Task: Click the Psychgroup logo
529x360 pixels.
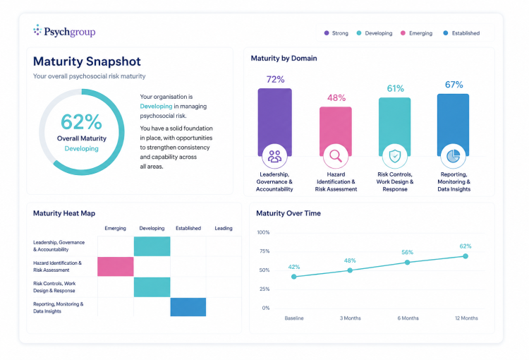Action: point(64,31)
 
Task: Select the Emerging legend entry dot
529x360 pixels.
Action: point(403,33)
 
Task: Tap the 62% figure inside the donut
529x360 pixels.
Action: point(81,121)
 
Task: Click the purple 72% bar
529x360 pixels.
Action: point(274,122)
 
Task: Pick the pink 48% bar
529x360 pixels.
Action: point(336,131)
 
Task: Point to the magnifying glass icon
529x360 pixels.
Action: point(336,156)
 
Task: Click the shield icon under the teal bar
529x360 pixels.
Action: point(395,156)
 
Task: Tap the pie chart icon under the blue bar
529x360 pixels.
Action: point(453,156)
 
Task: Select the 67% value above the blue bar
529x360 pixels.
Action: point(454,85)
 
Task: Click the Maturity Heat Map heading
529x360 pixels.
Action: point(64,213)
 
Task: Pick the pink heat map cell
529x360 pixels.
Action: point(116,266)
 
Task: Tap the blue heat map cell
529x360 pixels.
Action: point(188,307)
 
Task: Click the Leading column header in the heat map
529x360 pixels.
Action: point(224,228)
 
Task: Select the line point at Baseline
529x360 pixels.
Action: point(294,277)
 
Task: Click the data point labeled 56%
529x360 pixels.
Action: point(407,263)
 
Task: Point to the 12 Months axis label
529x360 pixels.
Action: point(466,318)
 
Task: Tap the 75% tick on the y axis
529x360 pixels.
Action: point(263,251)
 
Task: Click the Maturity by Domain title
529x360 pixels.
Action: point(284,58)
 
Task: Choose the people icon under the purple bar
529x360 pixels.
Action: point(274,156)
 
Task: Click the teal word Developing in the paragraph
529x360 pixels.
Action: point(156,106)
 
